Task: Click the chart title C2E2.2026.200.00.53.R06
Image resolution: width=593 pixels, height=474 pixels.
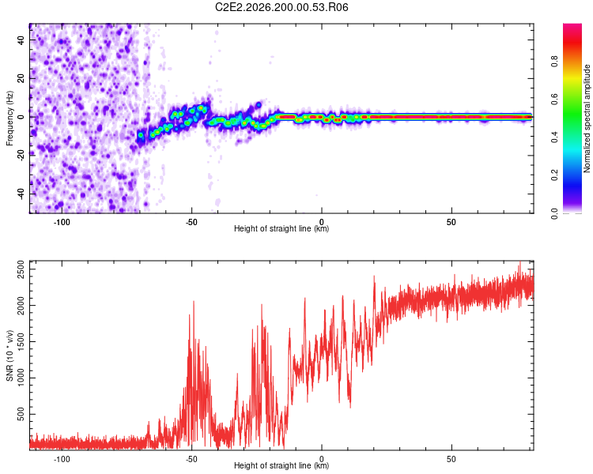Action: tap(281, 7)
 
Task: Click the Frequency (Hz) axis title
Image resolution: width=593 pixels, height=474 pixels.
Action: tap(9, 118)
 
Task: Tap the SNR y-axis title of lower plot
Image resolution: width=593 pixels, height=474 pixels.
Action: tap(9, 355)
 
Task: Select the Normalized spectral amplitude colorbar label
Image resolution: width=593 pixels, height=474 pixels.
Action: tap(587, 118)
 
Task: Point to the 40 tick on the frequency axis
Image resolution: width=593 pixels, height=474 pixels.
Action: tap(21, 39)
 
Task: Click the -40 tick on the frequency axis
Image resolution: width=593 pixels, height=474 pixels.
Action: tap(21, 194)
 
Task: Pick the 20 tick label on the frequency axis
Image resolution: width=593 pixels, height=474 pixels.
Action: tap(21, 78)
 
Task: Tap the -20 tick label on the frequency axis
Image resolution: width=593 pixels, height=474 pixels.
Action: tap(21, 156)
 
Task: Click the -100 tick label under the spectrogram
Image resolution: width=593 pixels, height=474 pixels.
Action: tap(62, 222)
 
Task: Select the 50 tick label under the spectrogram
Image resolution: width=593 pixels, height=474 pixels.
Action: tap(451, 222)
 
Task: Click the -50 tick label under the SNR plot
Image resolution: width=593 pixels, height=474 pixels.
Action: tap(191, 459)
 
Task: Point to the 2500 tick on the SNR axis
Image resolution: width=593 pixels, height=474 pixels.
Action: tap(21, 269)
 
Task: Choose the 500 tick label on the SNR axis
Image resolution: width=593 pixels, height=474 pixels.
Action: tap(21, 414)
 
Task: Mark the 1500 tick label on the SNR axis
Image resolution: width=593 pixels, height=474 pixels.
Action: tap(21, 342)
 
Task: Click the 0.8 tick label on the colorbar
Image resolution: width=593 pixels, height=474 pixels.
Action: tap(554, 62)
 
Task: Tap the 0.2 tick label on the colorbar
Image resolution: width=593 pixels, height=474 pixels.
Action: tap(554, 175)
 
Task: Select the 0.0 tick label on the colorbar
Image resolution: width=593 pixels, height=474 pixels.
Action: tap(554, 213)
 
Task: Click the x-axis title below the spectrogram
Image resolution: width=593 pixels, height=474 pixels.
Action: tap(281, 228)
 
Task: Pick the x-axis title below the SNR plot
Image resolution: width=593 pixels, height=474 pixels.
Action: tap(281, 465)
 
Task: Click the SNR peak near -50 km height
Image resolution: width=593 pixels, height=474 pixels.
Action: tap(194, 301)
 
